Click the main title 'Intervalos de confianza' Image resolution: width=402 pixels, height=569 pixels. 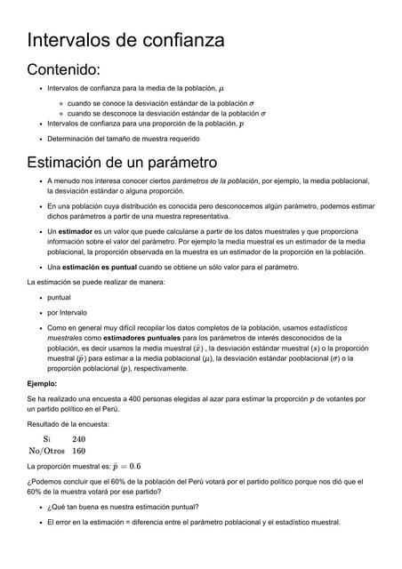(x=125, y=40)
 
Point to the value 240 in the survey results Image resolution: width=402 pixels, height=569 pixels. (x=78, y=439)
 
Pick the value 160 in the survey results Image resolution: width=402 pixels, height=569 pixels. (x=78, y=451)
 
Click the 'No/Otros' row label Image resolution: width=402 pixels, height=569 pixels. (x=45, y=451)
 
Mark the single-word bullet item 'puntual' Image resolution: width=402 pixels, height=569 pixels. (x=59, y=297)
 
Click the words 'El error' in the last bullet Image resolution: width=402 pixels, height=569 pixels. (x=60, y=522)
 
